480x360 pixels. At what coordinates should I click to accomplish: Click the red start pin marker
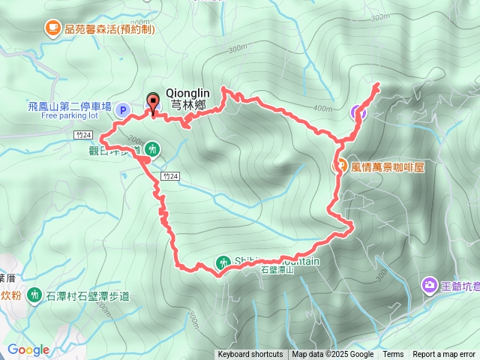tap(154, 103)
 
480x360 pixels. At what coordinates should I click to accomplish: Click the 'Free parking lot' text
tap(70, 116)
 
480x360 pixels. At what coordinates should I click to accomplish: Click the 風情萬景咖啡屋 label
tap(388, 166)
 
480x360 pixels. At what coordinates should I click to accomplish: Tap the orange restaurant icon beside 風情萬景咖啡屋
tap(340, 166)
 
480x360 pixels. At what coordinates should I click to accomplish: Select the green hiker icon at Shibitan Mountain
tap(223, 262)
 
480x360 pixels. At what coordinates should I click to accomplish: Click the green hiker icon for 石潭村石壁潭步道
tap(34, 295)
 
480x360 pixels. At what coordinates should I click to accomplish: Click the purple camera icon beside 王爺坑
tap(429, 284)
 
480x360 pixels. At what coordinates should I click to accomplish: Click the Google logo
tap(28, 349)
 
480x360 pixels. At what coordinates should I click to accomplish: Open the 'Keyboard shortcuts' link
tap(250, 355)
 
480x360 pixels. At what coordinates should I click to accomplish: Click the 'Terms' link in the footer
tap(393, 355)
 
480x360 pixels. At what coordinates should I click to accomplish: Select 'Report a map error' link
tap(445, 355)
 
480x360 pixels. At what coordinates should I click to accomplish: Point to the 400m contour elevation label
tap(322, 109)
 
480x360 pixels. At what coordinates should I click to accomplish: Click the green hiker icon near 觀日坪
tap(152, 149)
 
